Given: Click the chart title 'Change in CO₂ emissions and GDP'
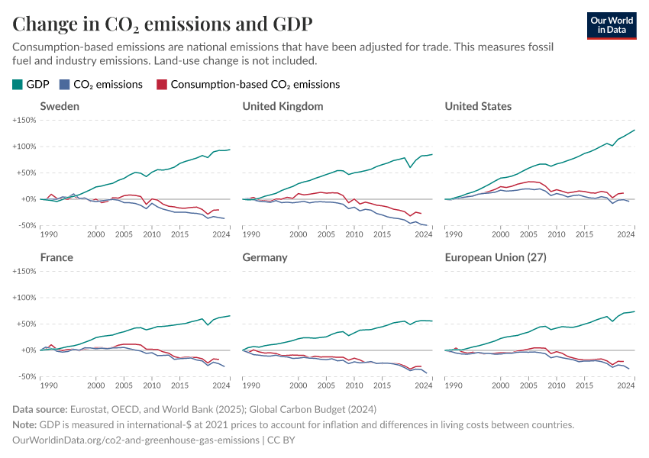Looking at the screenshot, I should pos(162,23).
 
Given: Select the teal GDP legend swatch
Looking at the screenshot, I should pos(18,85).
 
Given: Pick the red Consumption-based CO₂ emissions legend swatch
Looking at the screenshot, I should pos(160,85).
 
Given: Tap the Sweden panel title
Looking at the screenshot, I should pos(60,106).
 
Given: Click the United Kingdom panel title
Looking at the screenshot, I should pos(283,106).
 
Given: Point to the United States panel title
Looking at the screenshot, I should pos(478,106).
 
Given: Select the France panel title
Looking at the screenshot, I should pos(57,257).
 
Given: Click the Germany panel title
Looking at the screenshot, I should pos(264,257).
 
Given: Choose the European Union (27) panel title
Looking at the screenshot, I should pos(496,257).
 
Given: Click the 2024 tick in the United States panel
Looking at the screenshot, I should pos(625,234).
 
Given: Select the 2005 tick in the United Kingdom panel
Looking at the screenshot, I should pos(326,234).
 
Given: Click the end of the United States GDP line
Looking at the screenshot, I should pos(634,131).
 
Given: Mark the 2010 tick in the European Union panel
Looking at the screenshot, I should pos(556,385).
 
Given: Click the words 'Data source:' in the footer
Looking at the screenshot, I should pos(40,409).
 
